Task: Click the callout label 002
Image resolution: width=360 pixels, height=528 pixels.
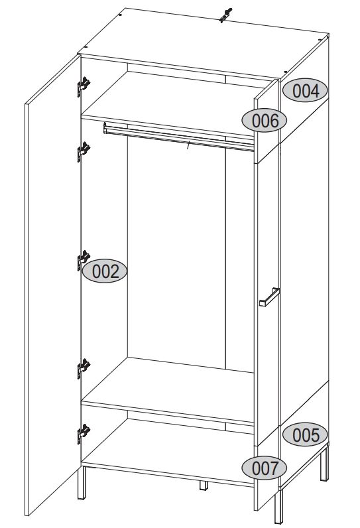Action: [105, 271]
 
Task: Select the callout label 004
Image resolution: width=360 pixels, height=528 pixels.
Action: [305, 91]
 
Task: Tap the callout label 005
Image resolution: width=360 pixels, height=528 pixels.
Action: [305, 434]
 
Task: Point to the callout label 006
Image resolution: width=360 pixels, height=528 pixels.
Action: [265, 120]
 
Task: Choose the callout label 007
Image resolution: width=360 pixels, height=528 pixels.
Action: [265, 468]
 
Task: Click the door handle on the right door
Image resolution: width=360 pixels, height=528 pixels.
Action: [269, 297]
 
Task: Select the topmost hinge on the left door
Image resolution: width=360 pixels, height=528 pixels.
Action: [84, 86]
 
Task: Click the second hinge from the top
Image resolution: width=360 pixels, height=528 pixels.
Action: [84, 151]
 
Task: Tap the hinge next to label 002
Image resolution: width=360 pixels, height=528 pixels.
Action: [83, 260]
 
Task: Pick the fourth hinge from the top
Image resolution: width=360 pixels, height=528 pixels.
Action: [84, 368]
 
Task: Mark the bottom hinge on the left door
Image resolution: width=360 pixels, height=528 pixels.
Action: [84, 433]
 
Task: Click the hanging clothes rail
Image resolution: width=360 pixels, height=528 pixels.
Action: [178, 137]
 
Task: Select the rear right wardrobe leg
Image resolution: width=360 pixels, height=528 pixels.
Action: [324, 463]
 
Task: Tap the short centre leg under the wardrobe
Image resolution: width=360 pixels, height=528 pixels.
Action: [204, 486]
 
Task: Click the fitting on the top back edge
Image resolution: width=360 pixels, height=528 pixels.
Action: [225, 15]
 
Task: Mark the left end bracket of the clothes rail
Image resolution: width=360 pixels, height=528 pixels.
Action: [105, 128]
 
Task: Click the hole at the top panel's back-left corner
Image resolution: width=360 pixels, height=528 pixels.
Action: [121, 15]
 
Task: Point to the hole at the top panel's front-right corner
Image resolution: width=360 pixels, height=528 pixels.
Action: [285, 72]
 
